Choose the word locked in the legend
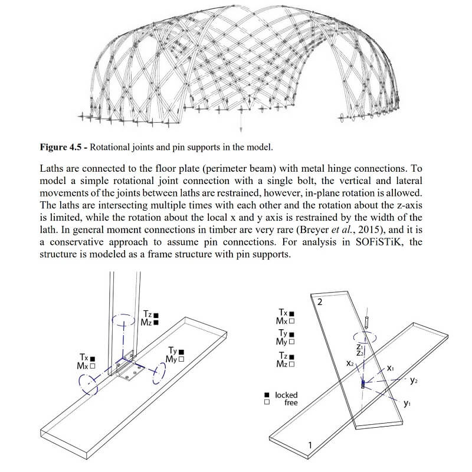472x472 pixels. pyautogui.click(x=286, y=394)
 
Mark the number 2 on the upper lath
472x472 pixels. pyautogui.click(x=320, y=302)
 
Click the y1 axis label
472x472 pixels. pyautogui.click(x=407, y=404)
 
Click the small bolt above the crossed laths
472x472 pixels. pyautogui.click(x=368, y=321)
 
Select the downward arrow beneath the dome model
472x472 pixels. pyautogui.click(x=241, y=126)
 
